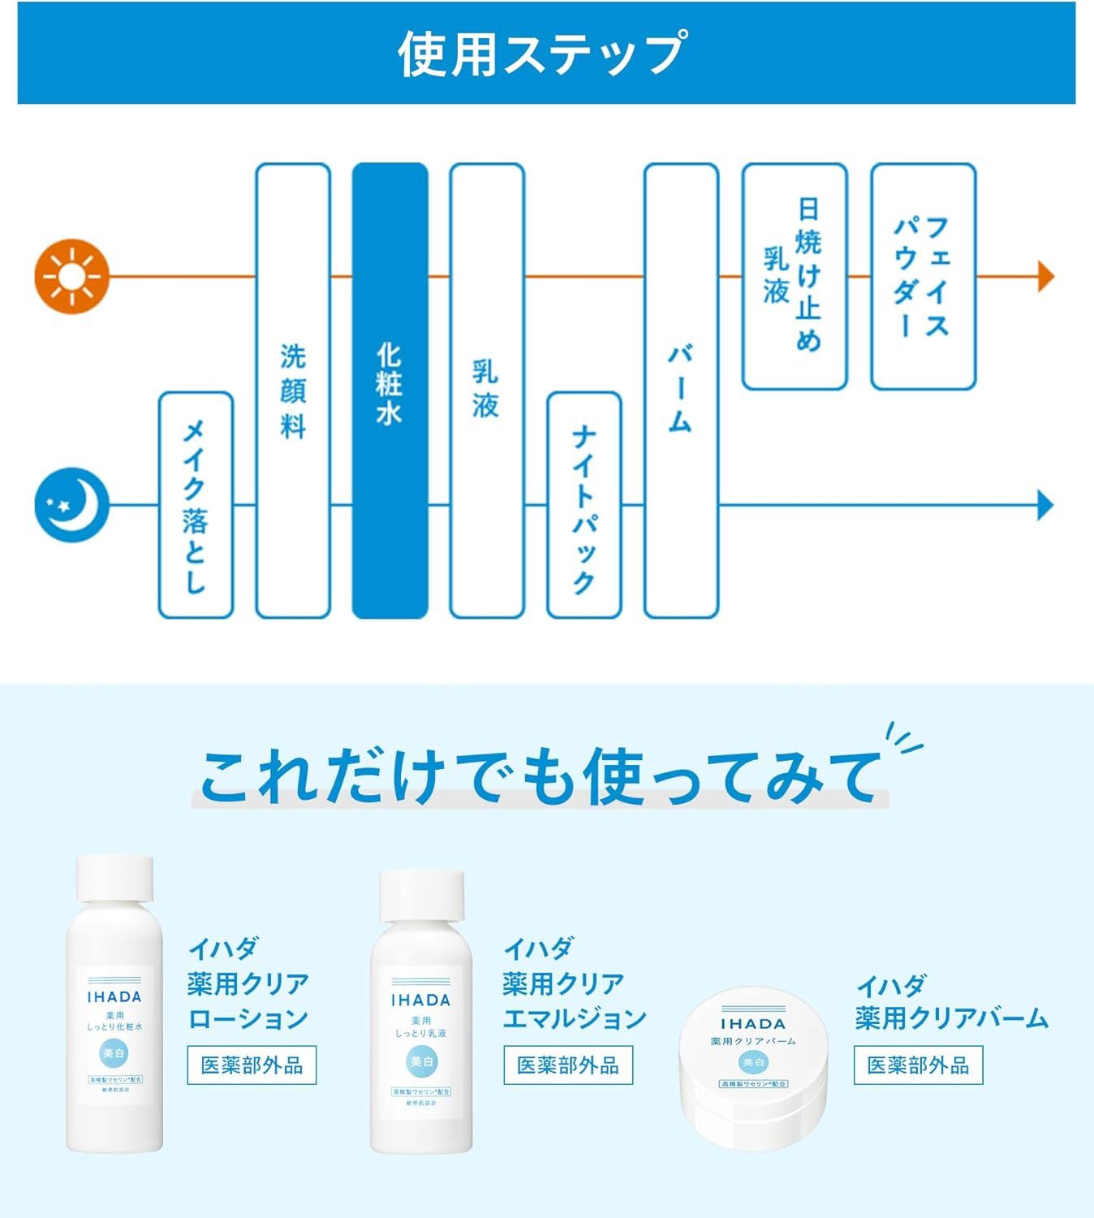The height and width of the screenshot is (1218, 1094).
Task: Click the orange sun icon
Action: (x=71, y=277)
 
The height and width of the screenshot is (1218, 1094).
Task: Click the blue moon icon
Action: (x=71, y=504)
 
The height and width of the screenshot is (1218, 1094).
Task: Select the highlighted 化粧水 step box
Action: (x=390, y=391)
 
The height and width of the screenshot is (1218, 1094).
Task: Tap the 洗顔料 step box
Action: (x=293, y=391)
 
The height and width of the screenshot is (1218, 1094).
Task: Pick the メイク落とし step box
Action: (x=196, y=504)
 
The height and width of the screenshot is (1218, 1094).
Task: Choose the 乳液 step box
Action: (x=487, y=391)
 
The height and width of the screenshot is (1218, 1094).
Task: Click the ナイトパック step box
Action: (x=584, y=504)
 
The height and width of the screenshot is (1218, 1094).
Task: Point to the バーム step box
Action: (x=681, y=391)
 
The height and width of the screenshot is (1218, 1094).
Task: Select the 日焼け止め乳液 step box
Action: (x=795, y=276)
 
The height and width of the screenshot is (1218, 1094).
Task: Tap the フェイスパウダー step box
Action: (x=923, y=276)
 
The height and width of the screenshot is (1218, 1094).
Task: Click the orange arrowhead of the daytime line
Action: (x=1045, y=277)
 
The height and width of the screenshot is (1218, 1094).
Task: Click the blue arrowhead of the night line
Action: (x=1045, y=505)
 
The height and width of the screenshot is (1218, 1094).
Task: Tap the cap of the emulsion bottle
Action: (x=422, y=894)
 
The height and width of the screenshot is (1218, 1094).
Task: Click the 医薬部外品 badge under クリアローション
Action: (x=252, y=1065)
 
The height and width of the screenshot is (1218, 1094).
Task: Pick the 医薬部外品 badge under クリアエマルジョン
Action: (x=567, y=1065)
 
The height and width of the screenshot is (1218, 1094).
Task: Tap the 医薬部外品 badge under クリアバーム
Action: (x=918, y=1065)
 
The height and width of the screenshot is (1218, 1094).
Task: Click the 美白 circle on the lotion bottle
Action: (x=114, y=1054)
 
